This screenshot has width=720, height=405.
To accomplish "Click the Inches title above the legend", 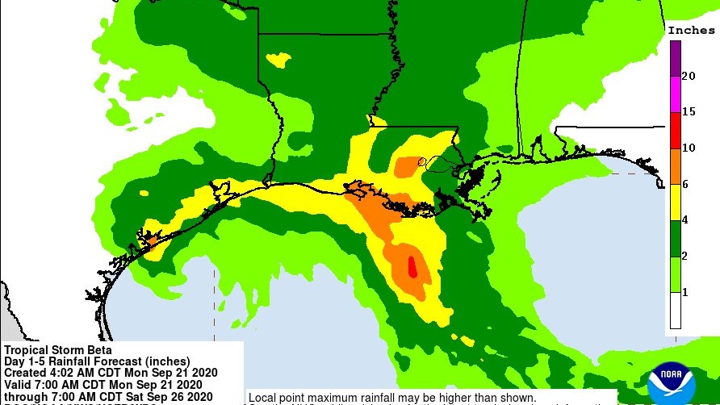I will [x=691, y=30].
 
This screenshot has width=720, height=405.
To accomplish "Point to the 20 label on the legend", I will [x=689, y=76].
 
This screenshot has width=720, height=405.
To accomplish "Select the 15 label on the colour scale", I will [x=689, y=111].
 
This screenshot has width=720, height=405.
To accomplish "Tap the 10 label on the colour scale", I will [x=689, y=148].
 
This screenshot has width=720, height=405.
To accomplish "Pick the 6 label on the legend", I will [x=686, y=184].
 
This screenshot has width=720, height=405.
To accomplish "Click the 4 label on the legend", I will [x=686, y=219].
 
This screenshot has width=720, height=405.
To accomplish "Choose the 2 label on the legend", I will [x=686, y=256].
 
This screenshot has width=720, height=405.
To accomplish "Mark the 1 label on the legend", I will [x=686, y=292].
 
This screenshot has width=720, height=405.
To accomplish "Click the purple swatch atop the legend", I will [x=674, y=57].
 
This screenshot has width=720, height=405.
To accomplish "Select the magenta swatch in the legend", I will [x=674, y=94].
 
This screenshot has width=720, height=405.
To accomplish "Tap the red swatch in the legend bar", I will [x=674, y=130].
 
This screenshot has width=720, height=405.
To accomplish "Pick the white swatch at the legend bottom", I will [x=674, y=311].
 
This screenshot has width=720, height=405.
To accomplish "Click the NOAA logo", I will [x=672, y=382].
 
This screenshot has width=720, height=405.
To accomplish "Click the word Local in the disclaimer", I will [x=263, y=399].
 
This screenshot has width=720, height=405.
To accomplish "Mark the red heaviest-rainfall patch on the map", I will [x=412, y=266].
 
